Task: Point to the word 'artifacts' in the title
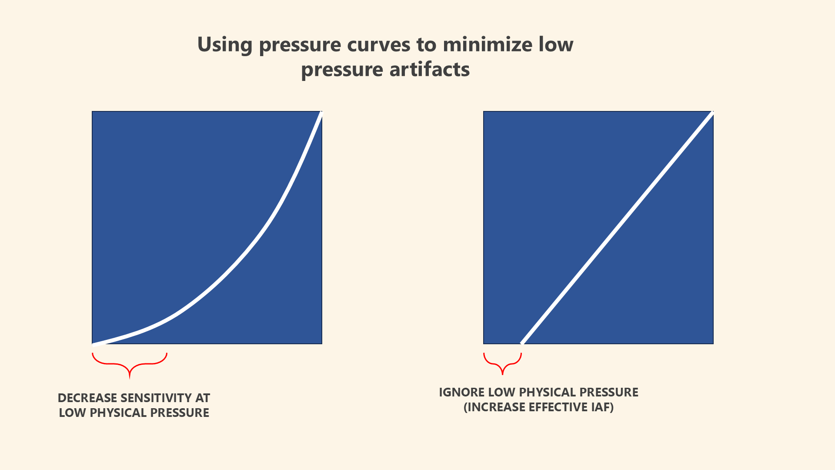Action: pyautogui.click(x=429, y=70)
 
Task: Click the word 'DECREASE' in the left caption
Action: pyautogui.click(x=87, y=398)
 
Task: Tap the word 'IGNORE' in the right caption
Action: pyautogui.click(x=461, y=392)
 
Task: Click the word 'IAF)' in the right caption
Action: pyautogui.click(x=602, y=407)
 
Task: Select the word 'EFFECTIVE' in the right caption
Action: pyautogui.click(x=558, y=407)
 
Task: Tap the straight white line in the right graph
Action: pyautogui.click(x=618, y=227)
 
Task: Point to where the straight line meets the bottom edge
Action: pyautogui.click(x=522, y=343)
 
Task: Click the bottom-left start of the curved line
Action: pyautogui.click(x=94, y=343)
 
